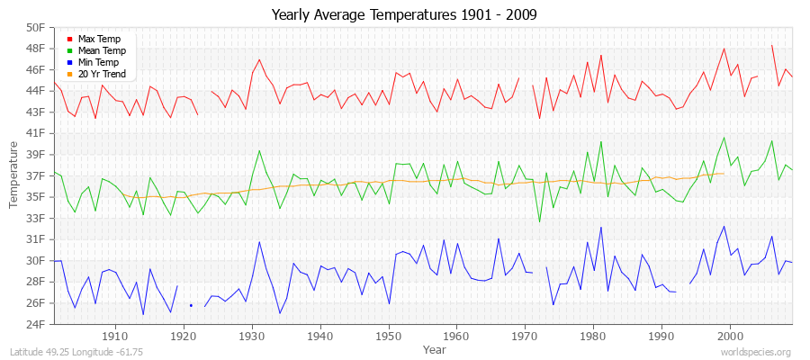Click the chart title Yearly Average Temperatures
405,14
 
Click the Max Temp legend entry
98,39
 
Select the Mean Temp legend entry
100,50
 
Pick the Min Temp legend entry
98,62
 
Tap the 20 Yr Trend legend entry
103,74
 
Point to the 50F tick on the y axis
35,27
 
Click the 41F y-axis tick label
35,133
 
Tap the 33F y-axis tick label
35,218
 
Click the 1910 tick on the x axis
115,336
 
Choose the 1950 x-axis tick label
388,336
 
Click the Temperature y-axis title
14,175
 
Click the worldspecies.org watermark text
757,352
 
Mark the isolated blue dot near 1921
191,305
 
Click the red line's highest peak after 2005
772,45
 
